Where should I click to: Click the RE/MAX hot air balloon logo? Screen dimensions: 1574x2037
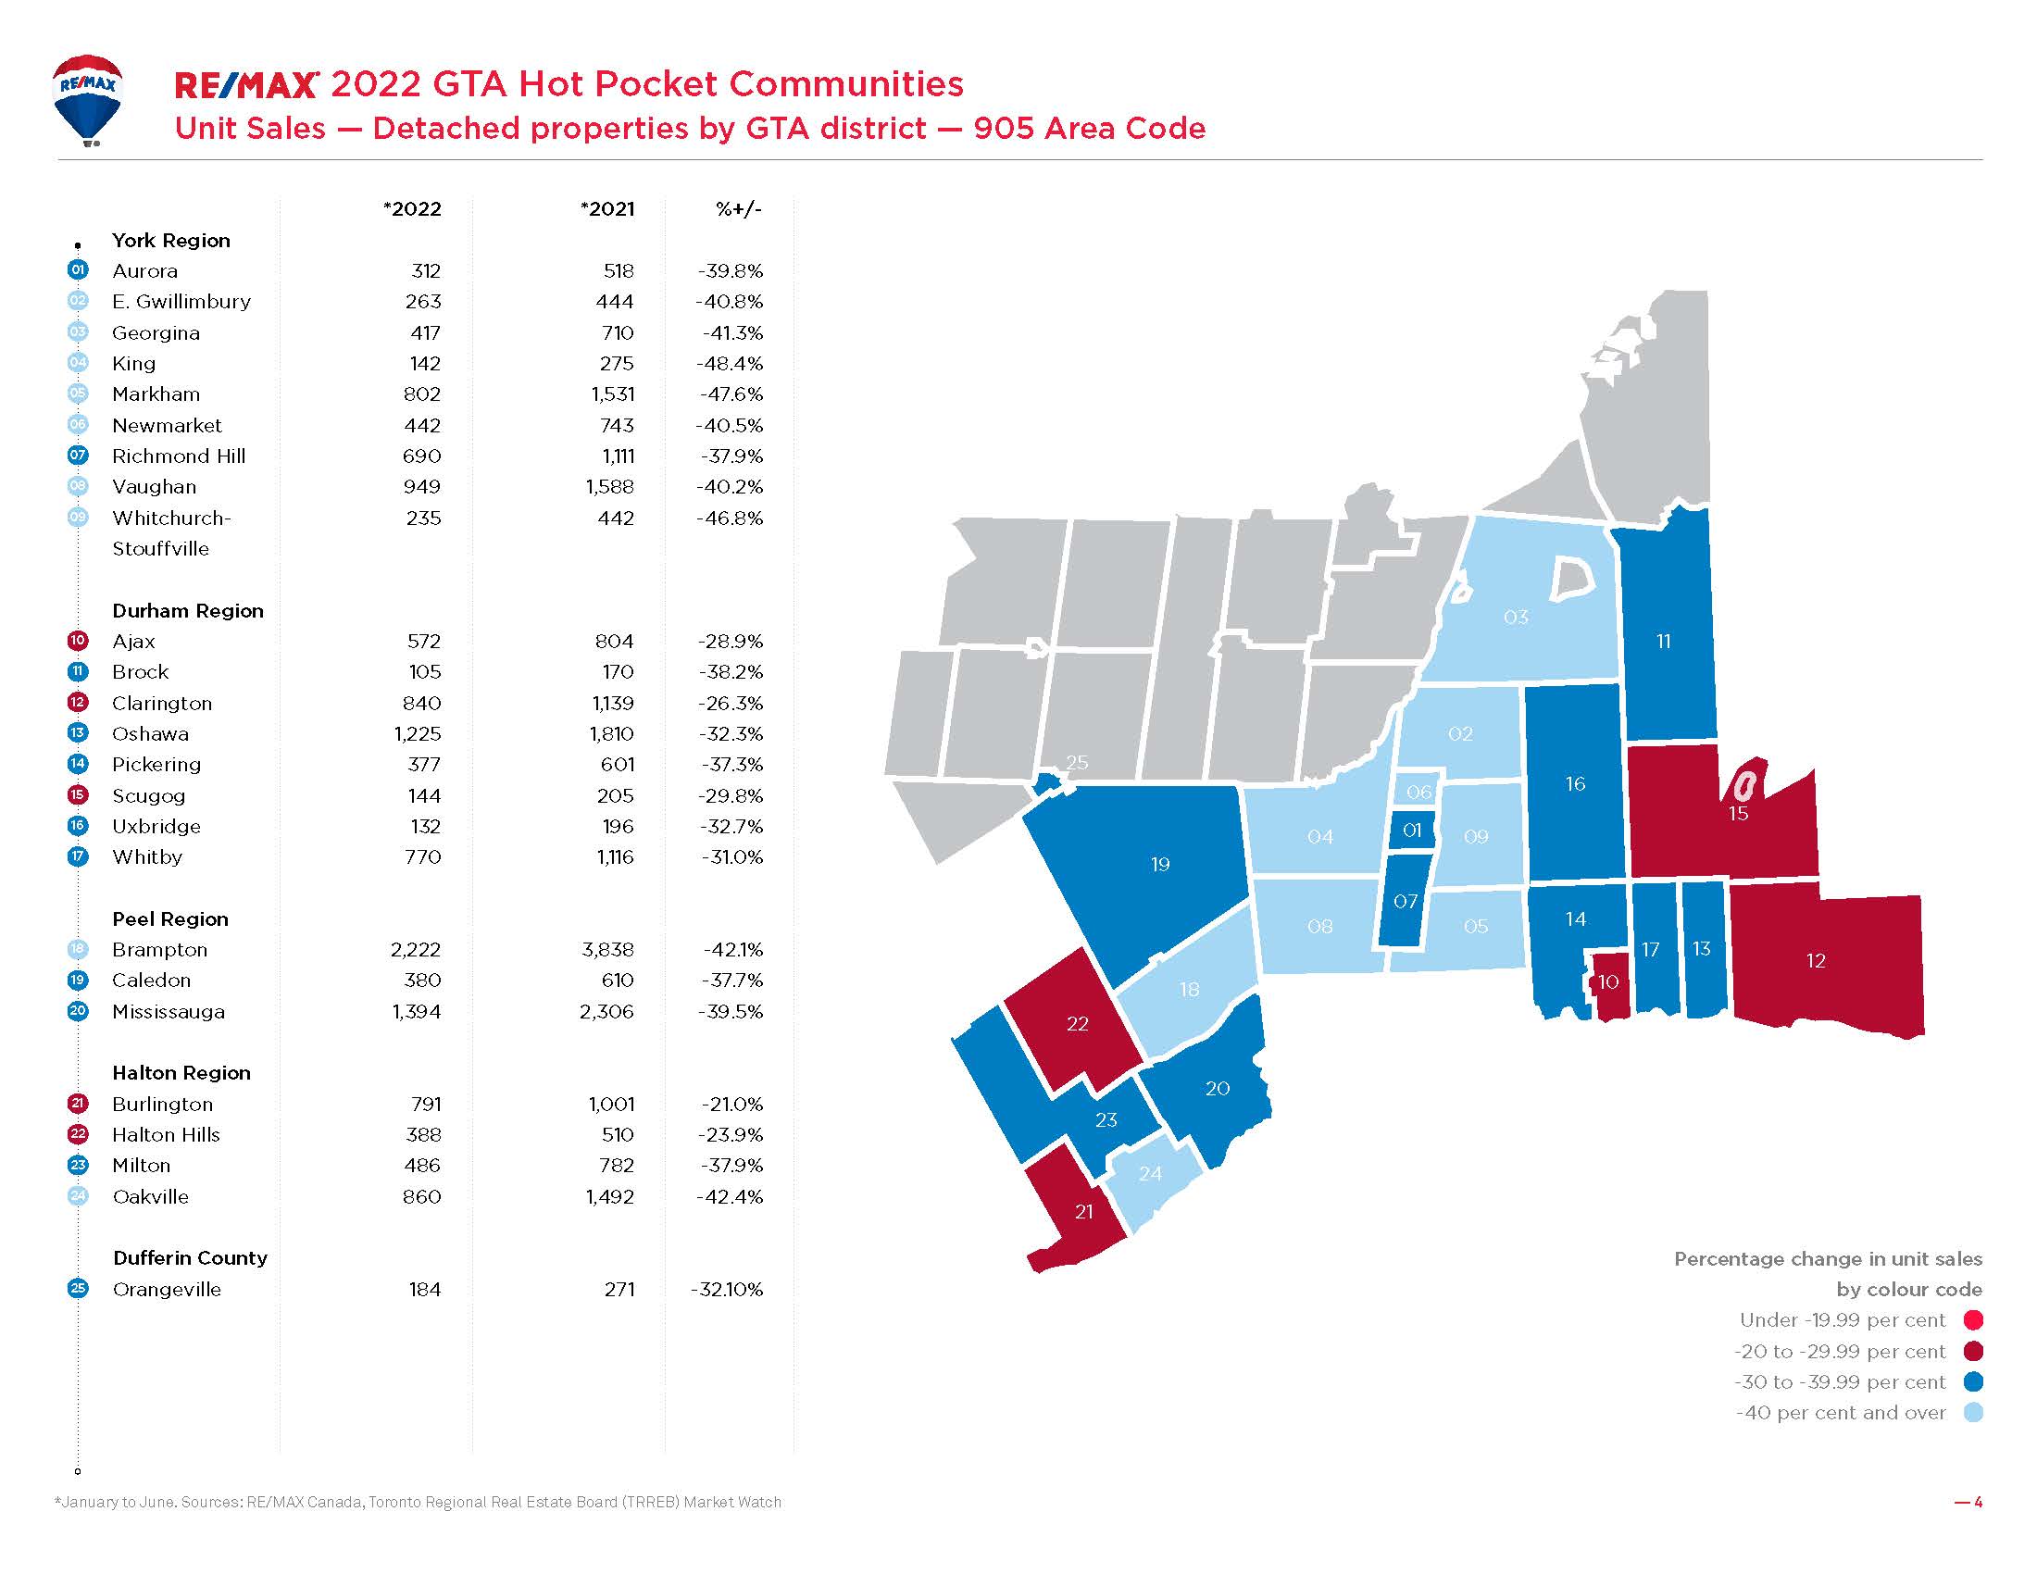coord(88,99)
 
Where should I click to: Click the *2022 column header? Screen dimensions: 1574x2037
coord(412,209)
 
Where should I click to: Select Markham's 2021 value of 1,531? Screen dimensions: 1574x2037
coord(612,394)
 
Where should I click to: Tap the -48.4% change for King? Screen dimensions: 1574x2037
coord(731,364)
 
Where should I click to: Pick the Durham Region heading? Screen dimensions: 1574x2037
coord(187,611)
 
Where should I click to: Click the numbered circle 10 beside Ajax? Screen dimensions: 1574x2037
coord(78,641)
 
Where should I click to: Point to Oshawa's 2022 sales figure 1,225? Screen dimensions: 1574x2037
coord(417,734)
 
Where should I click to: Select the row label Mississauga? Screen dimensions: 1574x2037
coord(168,1012)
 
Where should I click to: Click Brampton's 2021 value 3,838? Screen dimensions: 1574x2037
coord(606,950)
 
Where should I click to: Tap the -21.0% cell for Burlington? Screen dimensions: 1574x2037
coord(731,1104)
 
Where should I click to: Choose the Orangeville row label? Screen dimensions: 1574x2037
coord(166,1290)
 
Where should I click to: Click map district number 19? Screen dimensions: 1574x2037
coord(1159,865)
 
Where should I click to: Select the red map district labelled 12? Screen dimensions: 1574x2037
coord(1815,960)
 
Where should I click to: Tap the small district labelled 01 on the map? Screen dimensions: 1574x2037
coord(1412,830)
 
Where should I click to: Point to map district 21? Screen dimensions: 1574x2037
coord(1083,1211)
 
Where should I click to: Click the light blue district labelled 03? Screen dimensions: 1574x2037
coord(1516,618)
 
